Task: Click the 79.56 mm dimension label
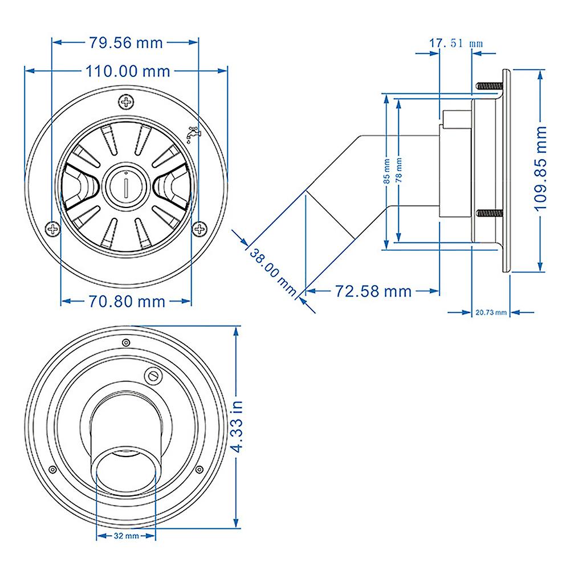pyautogui.click(x=126, y=43)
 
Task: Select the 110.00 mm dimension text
pyautogui.click(x=128, y=71)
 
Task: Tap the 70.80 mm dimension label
pyautogui.click(x=127, y=302)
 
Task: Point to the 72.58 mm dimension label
pyautogui.click(x=373, y=291)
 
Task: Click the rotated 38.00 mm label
pyautogui.click(x=273, y=272)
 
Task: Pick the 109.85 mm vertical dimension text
pyautogui.click(x=540, y=168)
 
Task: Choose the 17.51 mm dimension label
pyautogui.click(x=456, y=43)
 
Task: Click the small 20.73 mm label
pyautogui.click(x=491, y=312)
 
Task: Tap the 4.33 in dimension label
pyautogui.click(x=237, y=426)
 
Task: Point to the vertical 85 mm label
pyautogui.click(x=387, y=171)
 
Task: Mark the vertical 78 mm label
pyautogui.click(x=399, y=170)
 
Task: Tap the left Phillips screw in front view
pyautogui.click(x=52, y=229)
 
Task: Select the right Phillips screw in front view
pyautogui.click(x=199, y=229)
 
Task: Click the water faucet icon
pyautogui.click(x=193, y=134)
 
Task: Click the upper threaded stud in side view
pyautogui.click(x=489, y=86)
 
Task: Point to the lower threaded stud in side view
pyautogui.click(x=489, y=213)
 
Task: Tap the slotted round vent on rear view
pyautogui.click(x=153, y=376)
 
